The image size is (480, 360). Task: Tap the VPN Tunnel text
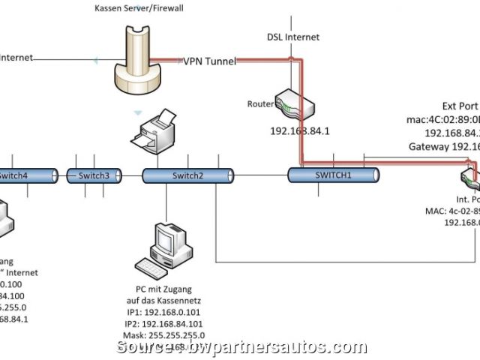point(210,61)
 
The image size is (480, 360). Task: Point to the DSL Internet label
point(293,37)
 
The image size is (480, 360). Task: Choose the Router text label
point(259,104)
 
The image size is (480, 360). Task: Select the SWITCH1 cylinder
point(334,175)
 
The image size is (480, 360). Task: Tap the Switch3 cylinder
point(94,176)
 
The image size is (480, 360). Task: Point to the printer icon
point(154,130)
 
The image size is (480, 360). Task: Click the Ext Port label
point(460,106)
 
